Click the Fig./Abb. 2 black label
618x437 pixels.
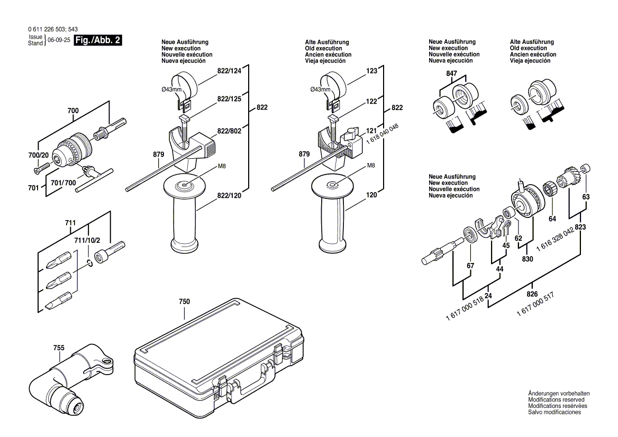(98, 41)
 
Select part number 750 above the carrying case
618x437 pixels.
(184, 302)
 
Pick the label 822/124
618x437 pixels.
(229, 71)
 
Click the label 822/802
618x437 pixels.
(229, 131)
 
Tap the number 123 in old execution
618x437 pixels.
(371, 71)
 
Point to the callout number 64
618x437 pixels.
(552, 218)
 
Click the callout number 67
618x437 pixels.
(470, 265)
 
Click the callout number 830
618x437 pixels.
(527, 259)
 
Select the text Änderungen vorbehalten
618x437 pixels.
(559, 394)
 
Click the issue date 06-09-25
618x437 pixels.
(59, 41)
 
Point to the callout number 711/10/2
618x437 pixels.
(87, 241)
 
